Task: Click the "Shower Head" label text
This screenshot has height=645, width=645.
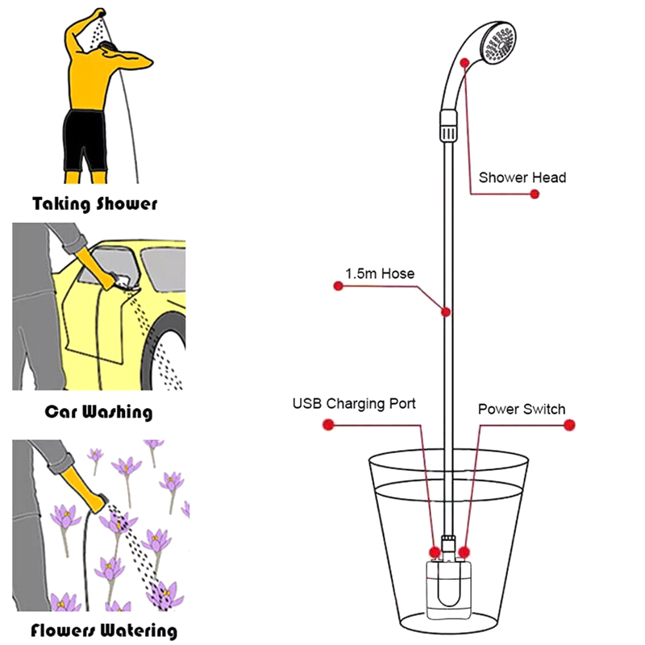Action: click(x=522, y=177)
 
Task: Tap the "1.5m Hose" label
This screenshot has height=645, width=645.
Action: click(x=379, y=274)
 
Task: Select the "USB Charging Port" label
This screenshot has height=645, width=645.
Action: click(x=354, y=403)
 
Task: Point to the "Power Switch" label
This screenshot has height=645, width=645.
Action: click(x=521, y=409)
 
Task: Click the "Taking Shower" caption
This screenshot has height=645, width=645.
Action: click(x=94, y=203)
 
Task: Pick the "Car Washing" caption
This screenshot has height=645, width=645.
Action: click(x=98, y=412)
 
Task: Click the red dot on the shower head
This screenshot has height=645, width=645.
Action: click(x=464, y=61)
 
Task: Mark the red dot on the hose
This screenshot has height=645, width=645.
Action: click(x=444, y=312)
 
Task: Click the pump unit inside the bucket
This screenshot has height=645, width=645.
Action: click(x=448, y=589)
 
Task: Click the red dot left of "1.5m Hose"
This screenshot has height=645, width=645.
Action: click(x=338, y=285)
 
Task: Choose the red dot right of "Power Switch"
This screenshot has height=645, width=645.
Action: click(x=569, y=424)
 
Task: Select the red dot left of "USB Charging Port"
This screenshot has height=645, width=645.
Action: click(x=328, y=425)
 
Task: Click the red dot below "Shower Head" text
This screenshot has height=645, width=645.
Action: click(x=534, y=194)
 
